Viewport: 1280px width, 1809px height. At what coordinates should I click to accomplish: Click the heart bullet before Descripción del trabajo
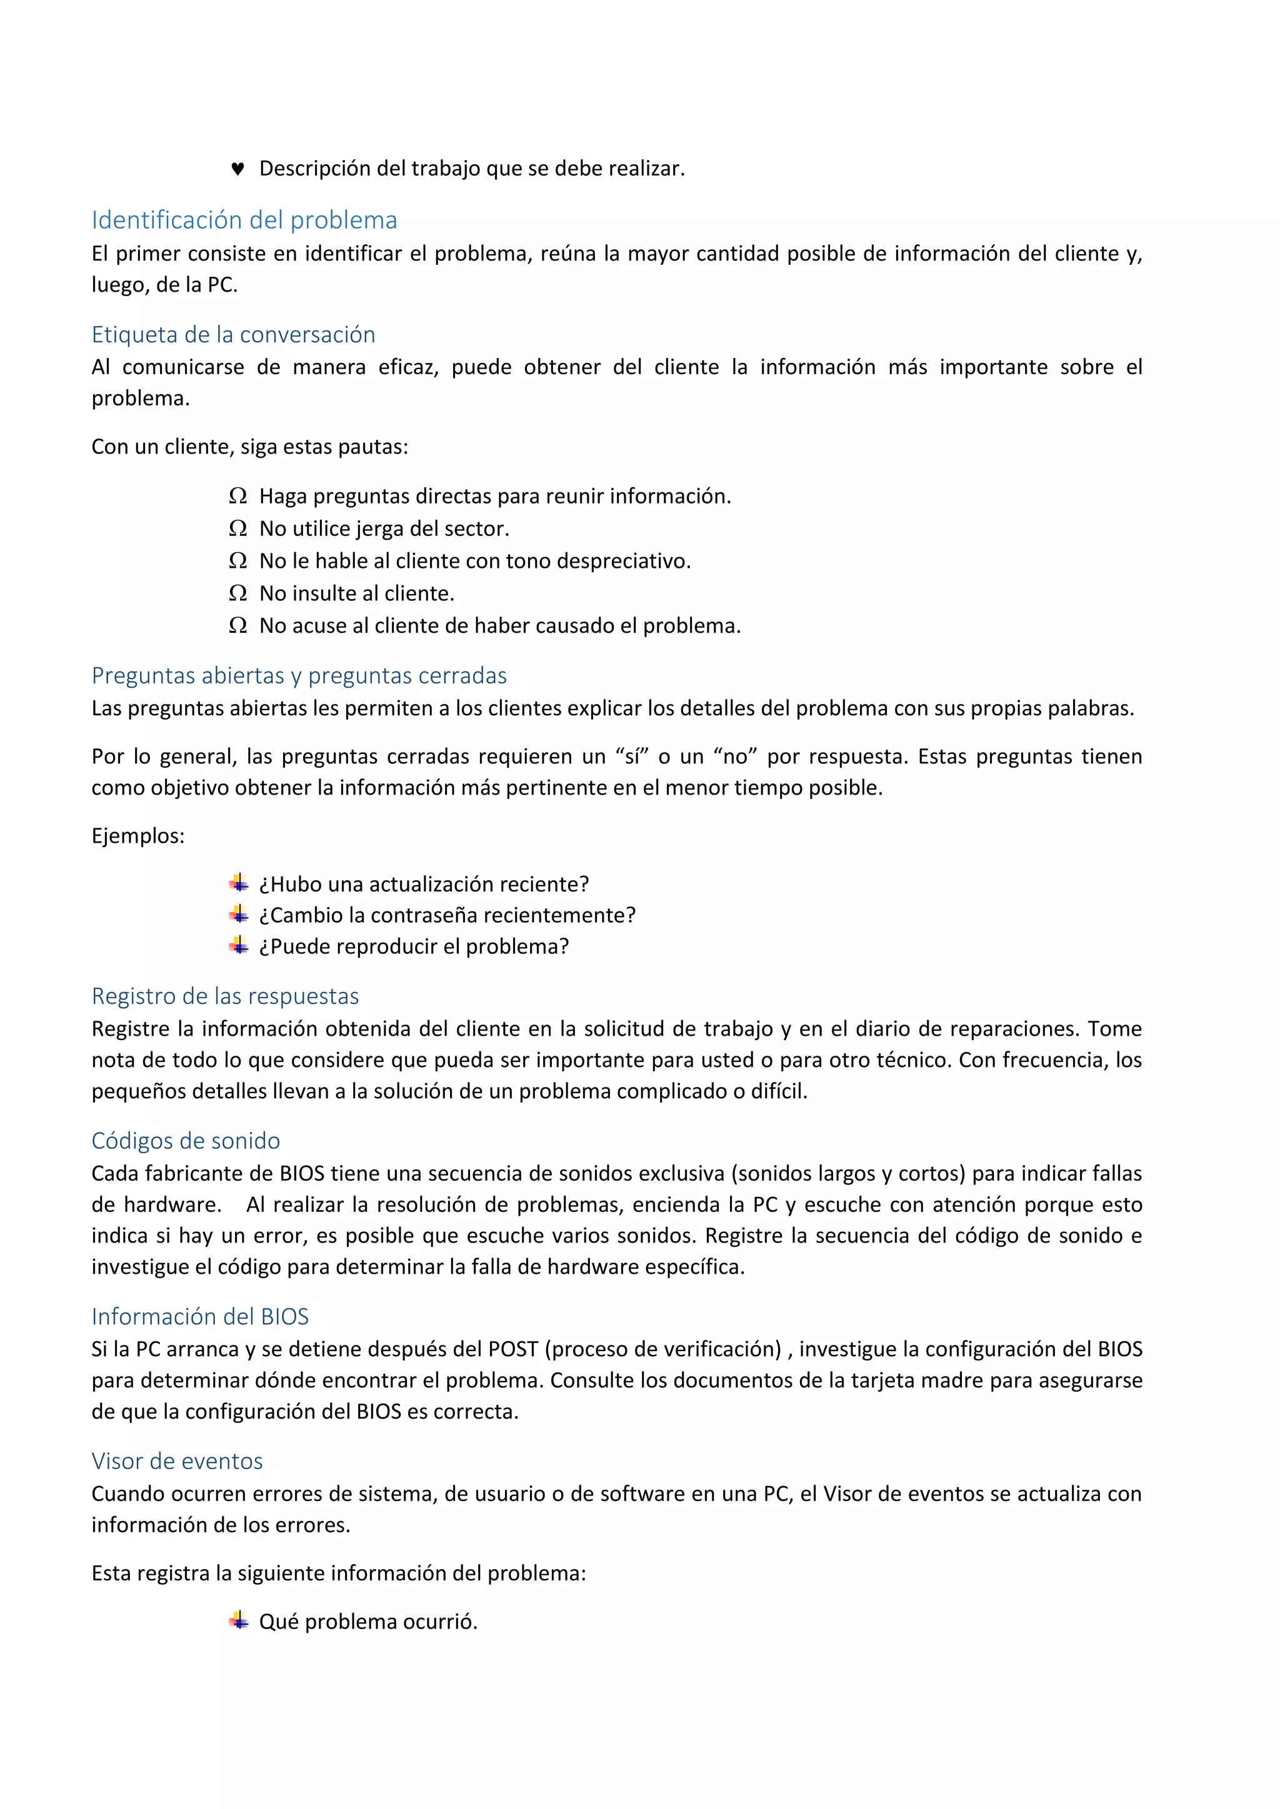click(x=237, y=169)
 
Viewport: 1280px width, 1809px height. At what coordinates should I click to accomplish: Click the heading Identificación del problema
click(x=244, y=220)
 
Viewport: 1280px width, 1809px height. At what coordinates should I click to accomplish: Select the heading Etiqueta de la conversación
click(x=233, y=334)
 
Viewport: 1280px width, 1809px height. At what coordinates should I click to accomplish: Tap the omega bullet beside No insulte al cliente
click(x=237, y=593)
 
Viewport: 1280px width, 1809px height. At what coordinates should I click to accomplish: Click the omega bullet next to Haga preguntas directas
click(x=237, y=497)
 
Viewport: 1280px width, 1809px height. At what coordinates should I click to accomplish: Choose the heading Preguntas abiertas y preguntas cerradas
click(x=299, y=675)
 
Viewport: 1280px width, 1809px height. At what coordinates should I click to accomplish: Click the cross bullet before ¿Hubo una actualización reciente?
click(x=239, y=883)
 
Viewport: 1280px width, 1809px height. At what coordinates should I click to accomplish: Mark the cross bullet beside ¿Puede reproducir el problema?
click(x=239, y=946)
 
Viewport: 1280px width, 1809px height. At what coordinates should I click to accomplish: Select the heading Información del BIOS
click(x=199, y=1317)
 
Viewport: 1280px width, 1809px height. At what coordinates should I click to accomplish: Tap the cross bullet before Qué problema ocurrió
click(x=239, y=1621)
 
